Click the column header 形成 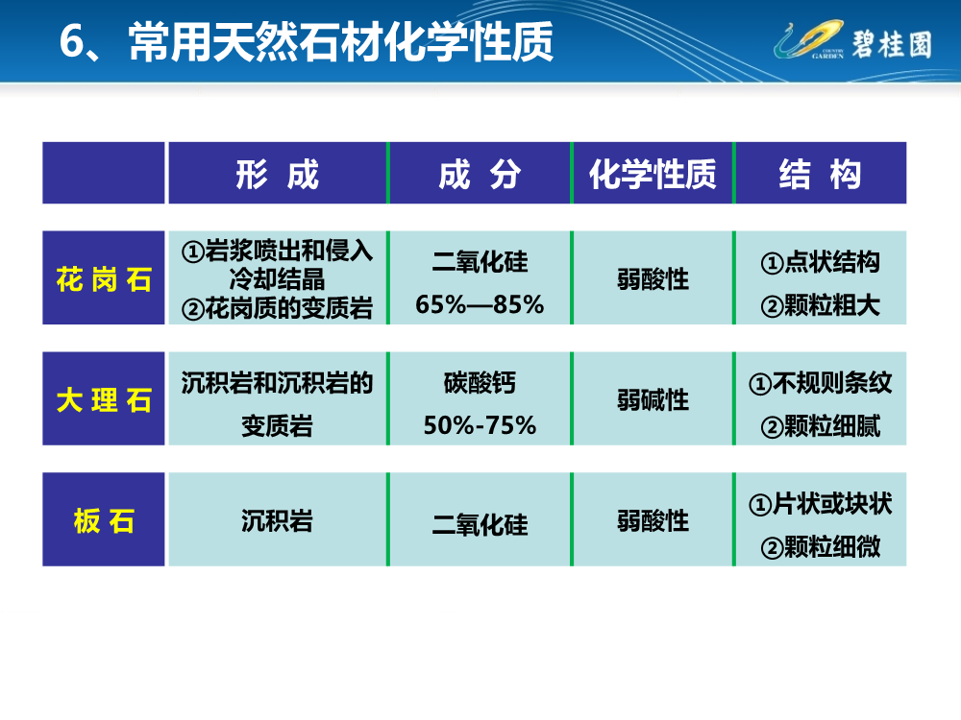(x=277, y=175)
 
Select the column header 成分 (x=480, y=175)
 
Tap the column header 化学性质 (x=653, y=175)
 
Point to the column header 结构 (x=820, y=175)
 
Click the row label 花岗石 (x=104, y=280)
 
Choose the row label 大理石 (x=104, y=399)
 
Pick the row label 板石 (x=104, y=521)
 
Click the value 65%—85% (x=480, y=305)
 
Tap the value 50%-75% (x=480, y=424)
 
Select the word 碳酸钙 (x=480, y=383)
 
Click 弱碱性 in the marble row (x=653, y=399)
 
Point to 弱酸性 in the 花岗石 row (x=653, y=279)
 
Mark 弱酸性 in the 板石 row (x=653, y=521)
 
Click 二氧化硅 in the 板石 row (x=480, y=525)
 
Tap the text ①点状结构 (x=820, y=261)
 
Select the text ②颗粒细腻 (x=820, y=426)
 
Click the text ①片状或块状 (x=820, y=503)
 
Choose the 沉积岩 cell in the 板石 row (x=277, y=521)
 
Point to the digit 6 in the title (x=70, y=43)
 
